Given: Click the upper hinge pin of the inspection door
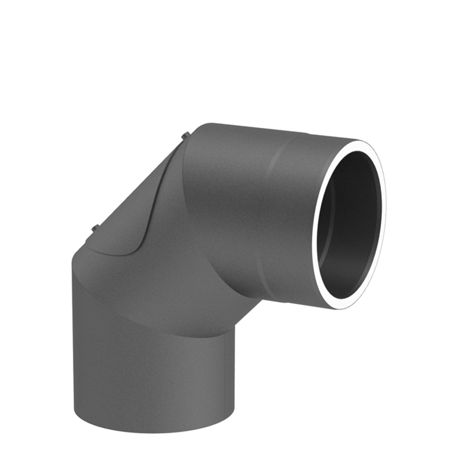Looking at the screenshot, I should [x=185, y=135].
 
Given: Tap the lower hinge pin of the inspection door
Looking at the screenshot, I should [x=95, y=228].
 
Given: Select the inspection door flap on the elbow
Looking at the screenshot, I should [x=135, y=202].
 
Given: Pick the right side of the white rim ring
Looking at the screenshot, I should [x=384, y=216].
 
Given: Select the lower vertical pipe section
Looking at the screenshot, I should [x=148, y=373].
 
